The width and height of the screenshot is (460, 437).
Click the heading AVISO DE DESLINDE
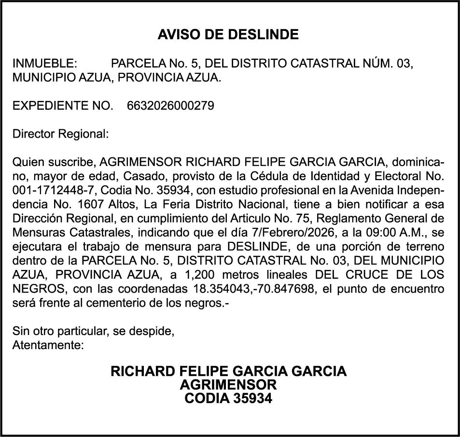(228, 35)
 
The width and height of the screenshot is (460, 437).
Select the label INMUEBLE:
(44, 64)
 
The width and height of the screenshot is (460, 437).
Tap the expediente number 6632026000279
(170, 106)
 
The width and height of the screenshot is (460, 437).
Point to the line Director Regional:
(60, 134)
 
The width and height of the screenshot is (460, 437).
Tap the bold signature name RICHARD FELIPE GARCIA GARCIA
(228, 372)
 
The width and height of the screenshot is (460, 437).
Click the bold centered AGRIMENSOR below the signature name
(228, 385)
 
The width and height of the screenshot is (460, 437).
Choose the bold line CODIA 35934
(228, 398)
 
